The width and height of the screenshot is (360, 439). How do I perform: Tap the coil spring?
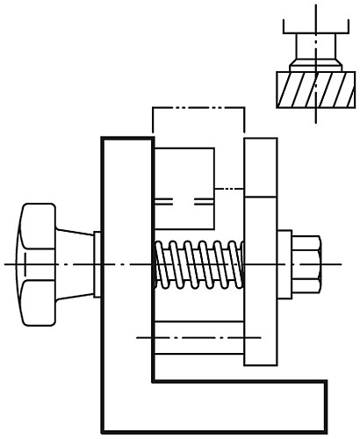tap(198, 264)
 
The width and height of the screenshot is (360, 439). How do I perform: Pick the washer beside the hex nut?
tap(284, 263)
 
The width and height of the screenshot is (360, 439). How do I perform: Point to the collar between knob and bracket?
tap(97, 263)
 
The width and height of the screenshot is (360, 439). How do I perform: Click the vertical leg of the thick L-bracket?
tap(127, 263)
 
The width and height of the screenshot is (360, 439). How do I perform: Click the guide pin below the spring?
tap(198, 337)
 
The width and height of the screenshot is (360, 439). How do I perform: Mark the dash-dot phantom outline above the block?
tap(198, 108)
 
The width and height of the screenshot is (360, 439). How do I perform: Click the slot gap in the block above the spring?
tap(184, 201)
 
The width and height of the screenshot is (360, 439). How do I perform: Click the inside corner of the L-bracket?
tap(155, 381)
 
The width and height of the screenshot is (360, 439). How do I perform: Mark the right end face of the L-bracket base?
tap(327, 406)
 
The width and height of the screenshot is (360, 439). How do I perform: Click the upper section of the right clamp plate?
tap(261, 167)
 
